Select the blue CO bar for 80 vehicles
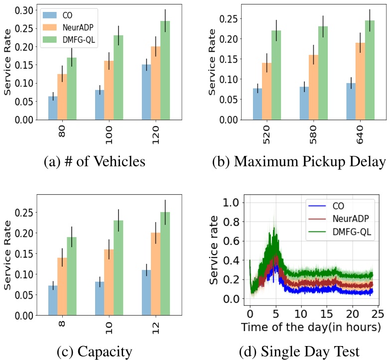point(53,108)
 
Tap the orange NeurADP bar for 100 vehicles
point(109,91)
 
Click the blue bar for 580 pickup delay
point(304,104)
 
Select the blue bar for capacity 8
point(53,300)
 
